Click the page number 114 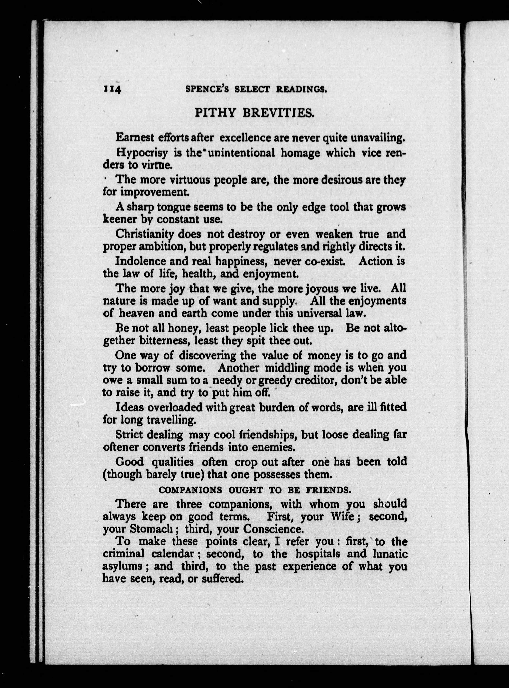tap(112, 89)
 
